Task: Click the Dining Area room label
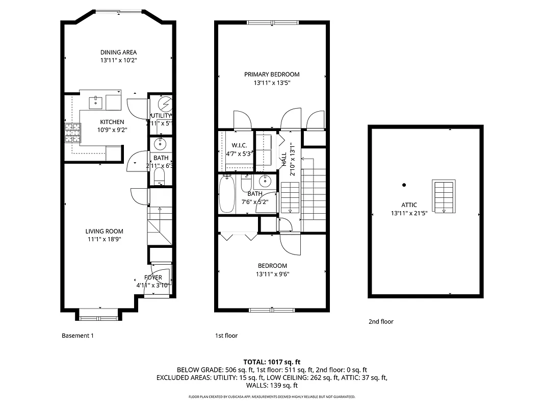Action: (x=118, y=52)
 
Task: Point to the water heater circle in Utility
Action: (x=165, y=104)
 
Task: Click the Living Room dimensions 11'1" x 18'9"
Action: (x=103, y=239)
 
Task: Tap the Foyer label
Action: (x=153, y=277)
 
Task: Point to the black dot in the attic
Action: (x=404, y=185)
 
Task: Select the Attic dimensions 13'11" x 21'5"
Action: (x=409, y=213)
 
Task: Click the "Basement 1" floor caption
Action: (x=77, y=336)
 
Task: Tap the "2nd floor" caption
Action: (x=381, y=321)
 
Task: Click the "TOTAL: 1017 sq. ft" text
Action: (x=272, y=361)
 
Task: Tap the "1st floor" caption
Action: (x=226, y=336)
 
